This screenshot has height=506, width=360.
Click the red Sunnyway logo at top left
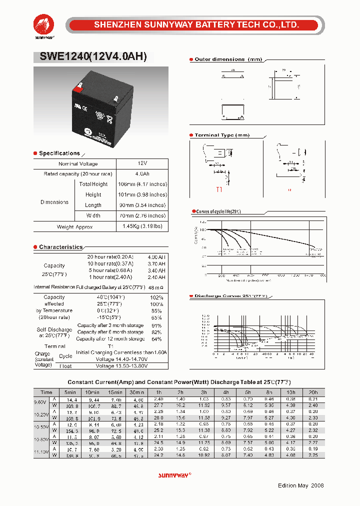pyautogui.click(x=44, y=25)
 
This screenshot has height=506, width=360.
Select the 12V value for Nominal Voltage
pyautogui.click(x=142, y=163)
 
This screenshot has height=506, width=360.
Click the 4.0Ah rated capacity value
pyautogui.click(x=142, y=173)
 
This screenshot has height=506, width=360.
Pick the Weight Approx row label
pyautogui.click(x=75, y=226)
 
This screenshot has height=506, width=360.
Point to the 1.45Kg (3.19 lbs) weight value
pyautogui.click(x=142, y=226)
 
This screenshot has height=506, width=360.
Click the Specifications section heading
pyautogui.click(x=59, y=153)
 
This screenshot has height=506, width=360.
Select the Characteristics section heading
pyautogui.click(x=60, y=247)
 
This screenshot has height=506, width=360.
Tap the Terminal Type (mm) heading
pyautogui.click(x=221, y=135)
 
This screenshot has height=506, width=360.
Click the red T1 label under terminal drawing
pyautogui.click(x=218, y=190)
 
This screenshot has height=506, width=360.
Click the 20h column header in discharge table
pyautogui.click(x=313, y=392)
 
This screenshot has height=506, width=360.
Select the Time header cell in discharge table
pyautogui.click(x=46, y=392)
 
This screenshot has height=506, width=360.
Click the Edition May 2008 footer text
pyautogui.click(x=300, y=485)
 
